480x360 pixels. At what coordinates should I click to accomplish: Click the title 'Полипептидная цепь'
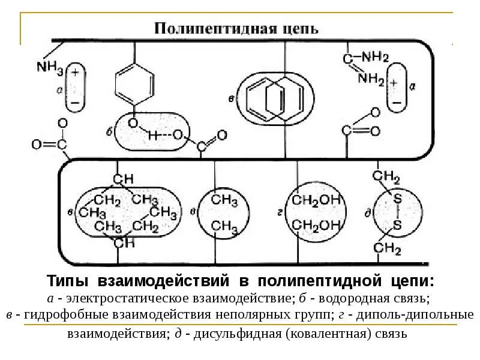[x=237, y=28]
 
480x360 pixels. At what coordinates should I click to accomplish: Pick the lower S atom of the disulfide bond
[x=397, y=224]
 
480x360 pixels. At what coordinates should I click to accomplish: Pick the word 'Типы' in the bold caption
[x=68, y=281]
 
